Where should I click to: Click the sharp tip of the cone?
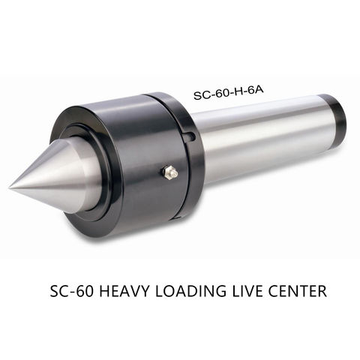click(10, 188)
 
